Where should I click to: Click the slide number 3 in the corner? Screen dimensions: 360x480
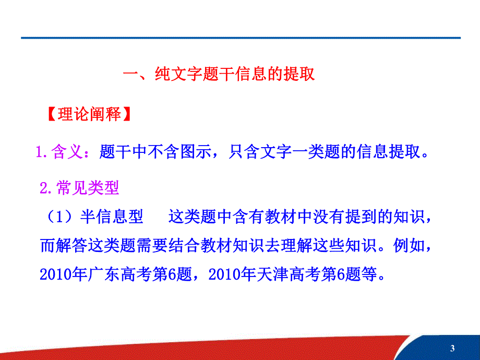pos(452,349)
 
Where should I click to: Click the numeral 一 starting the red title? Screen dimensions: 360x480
pos(129,74)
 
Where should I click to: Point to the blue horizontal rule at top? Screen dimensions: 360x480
pos(240,38)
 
